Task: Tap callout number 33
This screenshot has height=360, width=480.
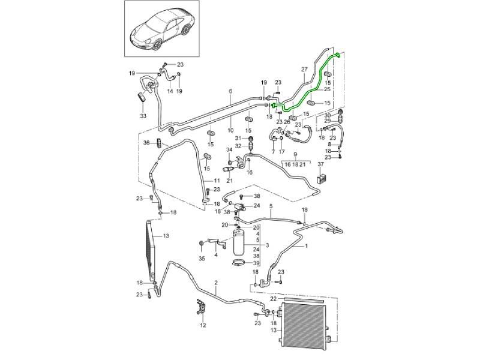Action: [143, 115]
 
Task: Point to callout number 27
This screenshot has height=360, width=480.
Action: [304, 70]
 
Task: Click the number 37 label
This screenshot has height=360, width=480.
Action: [320, 164]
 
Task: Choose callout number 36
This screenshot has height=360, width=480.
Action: [146, 142]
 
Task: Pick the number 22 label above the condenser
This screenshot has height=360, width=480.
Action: [272, 298]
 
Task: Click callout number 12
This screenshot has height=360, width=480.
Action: [203, 325]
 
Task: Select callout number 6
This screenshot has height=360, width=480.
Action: [229, 91]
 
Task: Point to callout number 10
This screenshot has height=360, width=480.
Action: [229, 130]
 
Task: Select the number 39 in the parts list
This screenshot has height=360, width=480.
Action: [256, 263]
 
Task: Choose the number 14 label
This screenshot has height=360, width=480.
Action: [170, 91]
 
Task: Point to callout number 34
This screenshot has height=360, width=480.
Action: [228, 149]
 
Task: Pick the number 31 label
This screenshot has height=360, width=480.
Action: [238, 139]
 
